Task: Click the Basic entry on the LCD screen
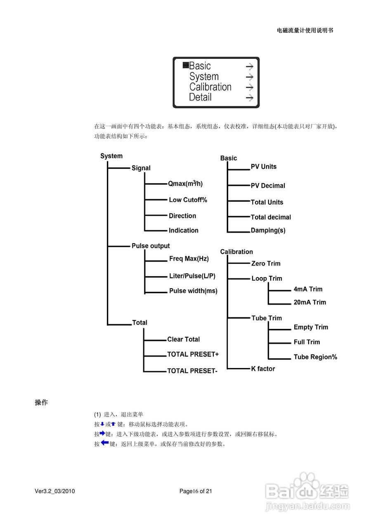[200, 66]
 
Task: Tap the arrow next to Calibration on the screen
[249, 87]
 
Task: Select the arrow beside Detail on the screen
[249, 98]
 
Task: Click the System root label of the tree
[111, 156]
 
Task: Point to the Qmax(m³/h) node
[185, 184]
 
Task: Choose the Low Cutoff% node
[188, 200]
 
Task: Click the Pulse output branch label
[151, 246]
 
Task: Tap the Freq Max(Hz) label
[189, 259]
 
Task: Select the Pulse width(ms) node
[193, 291]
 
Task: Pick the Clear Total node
[183, 339]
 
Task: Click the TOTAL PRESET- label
[192, 371]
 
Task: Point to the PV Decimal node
[268, 186]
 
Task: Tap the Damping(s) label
[268, 231]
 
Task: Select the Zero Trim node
[266, 263]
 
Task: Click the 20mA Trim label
[309, 302]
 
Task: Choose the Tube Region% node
[315, 357]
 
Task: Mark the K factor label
[263, 369]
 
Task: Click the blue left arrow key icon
[104, 443]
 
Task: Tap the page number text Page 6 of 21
[196, 491]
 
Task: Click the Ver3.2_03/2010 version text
[55, 491]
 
